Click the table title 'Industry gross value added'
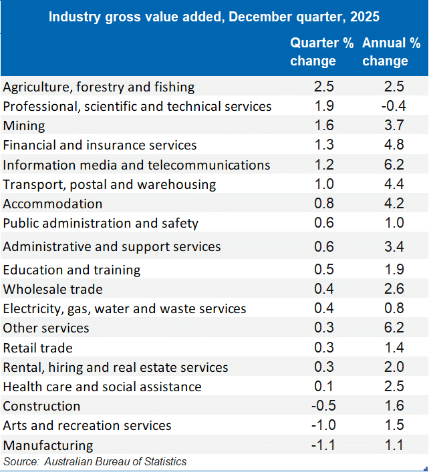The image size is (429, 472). pyautogui.click(x=214, y=16)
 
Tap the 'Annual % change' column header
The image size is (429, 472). pyautogui.click(x=392, y=52)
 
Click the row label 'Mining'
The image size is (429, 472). pyautogui.click(x=24, y=126)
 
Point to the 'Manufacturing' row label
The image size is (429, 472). pyautogui.click(x=48, y=445)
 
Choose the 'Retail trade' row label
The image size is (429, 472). pyautogui.click(x=38, y=348)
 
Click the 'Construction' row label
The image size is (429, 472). pyautogui.click(x=41, y=406)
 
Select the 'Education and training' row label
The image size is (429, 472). pyautogui.click(x=72, y=270)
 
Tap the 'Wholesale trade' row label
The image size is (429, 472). pyautogui.click(x=53, y=289)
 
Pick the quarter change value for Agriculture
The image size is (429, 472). pyautogui.click(x=323, y=87)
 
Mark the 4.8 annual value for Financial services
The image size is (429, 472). pyautogui.click(x=394, y=145)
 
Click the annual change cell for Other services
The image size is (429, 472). pyautogui.click(x=394, y=328)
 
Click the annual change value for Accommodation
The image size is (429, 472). pyautogui.click(x=394, y=204)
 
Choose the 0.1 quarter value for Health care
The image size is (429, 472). pyautogui.click(x=323, y=387)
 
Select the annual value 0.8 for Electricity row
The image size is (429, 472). pyautogui.click(x=394, y=308)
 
